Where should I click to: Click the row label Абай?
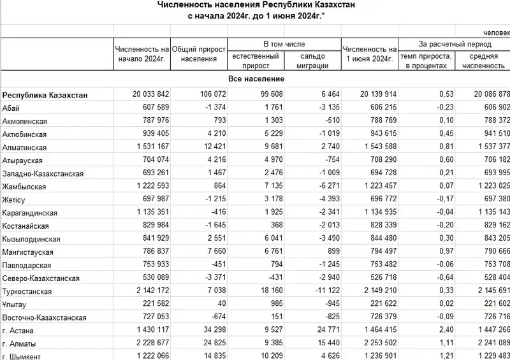point(11,108)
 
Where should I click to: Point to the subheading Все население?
point(256,78)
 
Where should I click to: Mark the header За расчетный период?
point(455,44)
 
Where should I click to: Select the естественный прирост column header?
point(255,60)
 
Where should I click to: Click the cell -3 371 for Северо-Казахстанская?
point(207,278)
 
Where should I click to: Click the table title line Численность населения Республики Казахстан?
point(255,5)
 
